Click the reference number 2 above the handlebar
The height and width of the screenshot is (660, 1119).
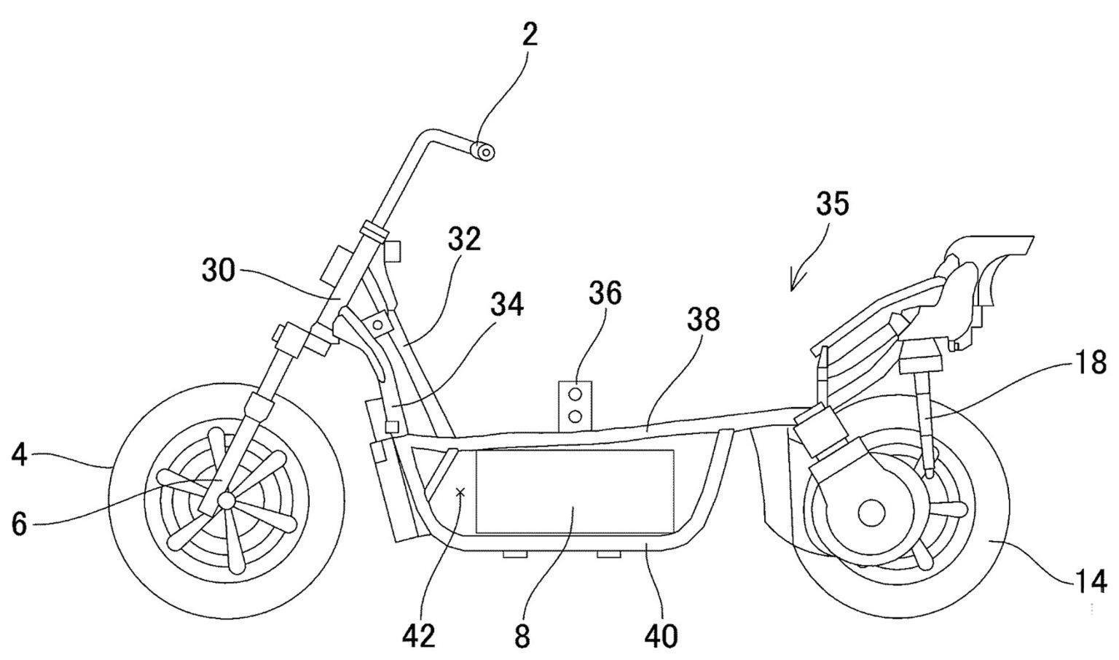(x=530, y=34)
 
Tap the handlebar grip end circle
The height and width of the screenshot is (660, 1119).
(x=484, y=152)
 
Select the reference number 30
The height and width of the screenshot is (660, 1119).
(x=219, y=271)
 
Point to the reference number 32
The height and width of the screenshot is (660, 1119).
(x=464, y=238)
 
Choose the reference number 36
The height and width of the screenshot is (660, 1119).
(x=605, y=293)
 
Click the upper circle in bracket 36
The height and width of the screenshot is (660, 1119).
(x=576, y=395)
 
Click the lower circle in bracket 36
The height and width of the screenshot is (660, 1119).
(x=576, y=416)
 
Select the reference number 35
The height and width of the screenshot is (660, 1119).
(x=832, y=203)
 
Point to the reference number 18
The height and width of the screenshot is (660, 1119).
(x=1091, y=362)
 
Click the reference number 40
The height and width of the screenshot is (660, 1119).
(x=661, y=635)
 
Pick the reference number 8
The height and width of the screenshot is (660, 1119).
(x=522, y=636)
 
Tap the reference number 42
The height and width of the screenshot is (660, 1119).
(x=418, y=636)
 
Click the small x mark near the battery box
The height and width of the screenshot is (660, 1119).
(x=460, y=493)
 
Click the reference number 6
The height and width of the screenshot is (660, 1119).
(x=20, y=523)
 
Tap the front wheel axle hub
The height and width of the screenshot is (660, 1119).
(x=227, y=500)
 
